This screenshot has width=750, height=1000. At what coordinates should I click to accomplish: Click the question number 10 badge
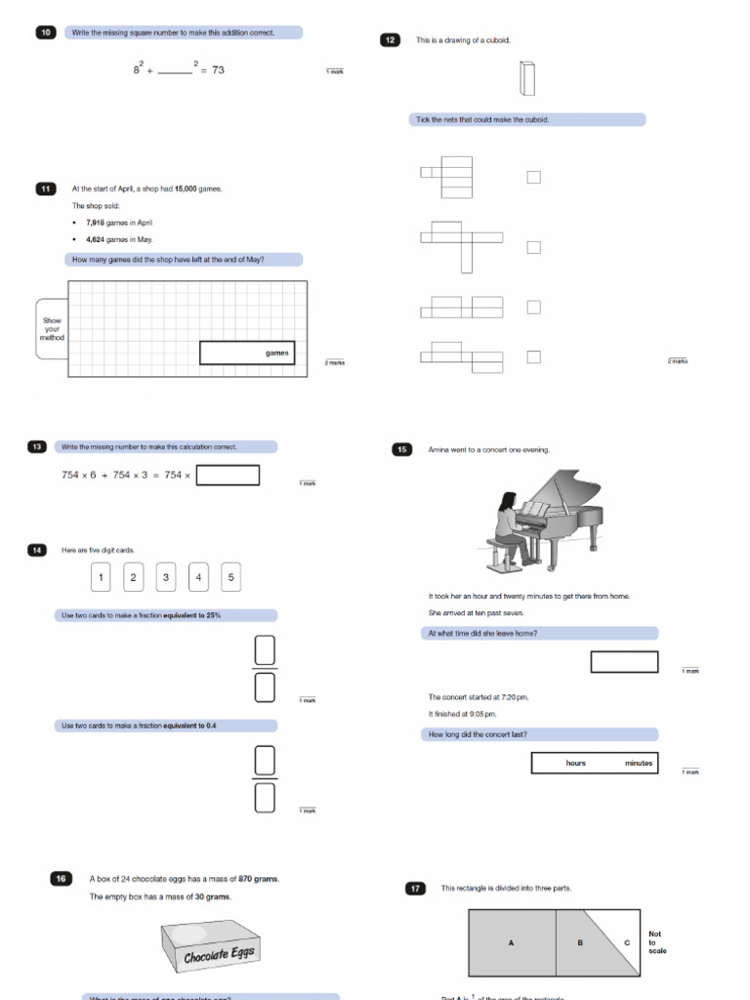(46, 32)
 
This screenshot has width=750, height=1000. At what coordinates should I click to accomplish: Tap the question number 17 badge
(416, 888)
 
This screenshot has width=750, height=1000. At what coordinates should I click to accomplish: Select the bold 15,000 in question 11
(186, 188)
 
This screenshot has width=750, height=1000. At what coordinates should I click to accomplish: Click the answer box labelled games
(246, 353)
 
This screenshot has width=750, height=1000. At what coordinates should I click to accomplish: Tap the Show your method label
(52, 329)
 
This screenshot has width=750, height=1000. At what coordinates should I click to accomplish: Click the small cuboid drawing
(527, 78)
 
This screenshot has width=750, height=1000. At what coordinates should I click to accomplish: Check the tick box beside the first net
(533, 177)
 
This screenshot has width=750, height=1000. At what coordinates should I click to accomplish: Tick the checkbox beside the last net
(533, 357)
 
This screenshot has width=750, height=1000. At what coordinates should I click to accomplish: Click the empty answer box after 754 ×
(227, 476)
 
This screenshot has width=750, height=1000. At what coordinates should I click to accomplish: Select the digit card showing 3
(166, 577)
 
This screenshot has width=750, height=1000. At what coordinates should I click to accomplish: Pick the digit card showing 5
(230, 577)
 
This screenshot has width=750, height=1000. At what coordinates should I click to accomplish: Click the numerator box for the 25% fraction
(265, 649)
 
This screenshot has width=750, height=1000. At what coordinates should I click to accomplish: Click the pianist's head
(507, 502)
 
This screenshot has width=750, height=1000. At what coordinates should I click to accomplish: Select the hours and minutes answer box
(594, 763)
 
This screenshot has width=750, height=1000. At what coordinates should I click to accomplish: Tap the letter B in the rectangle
(579, 943)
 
